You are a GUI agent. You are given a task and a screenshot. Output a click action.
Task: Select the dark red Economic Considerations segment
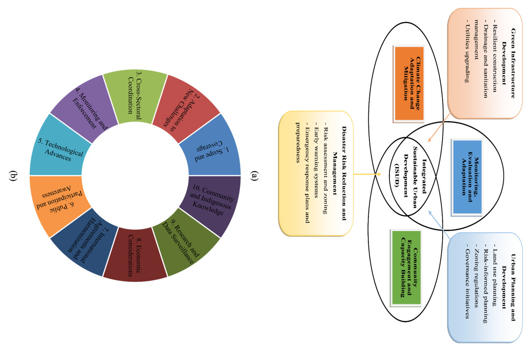coord(135,260)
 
